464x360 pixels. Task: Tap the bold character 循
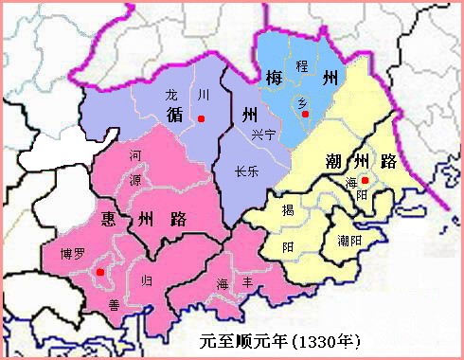click(174, 117)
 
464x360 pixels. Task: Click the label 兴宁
click(263, 135)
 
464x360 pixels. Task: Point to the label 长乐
click(249, 171)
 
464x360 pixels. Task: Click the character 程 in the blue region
click(303, 65)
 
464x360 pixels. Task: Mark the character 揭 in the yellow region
click(288, 211)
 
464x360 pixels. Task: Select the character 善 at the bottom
click(113, 304)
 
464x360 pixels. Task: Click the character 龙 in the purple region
click(171, 95)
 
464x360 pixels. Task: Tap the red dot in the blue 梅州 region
click(306, 115)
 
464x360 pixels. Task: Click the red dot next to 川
click(201, 118)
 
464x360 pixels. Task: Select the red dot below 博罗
click(99, 273)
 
